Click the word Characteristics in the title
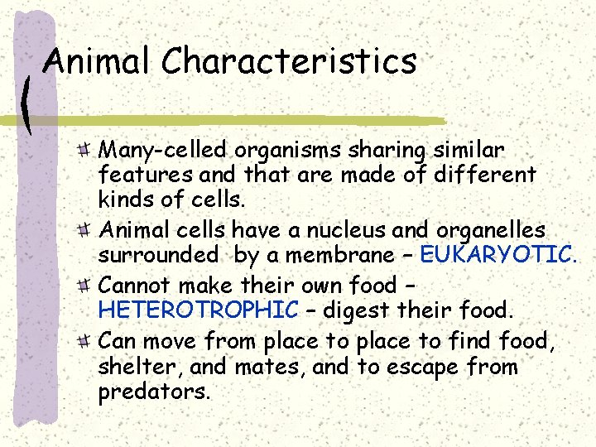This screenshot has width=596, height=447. (x=289, y=62)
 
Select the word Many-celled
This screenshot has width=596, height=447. (x=163, y=151)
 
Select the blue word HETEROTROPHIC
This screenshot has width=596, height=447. (x=199, y=310)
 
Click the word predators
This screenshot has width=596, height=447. (x=154, y=391)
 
